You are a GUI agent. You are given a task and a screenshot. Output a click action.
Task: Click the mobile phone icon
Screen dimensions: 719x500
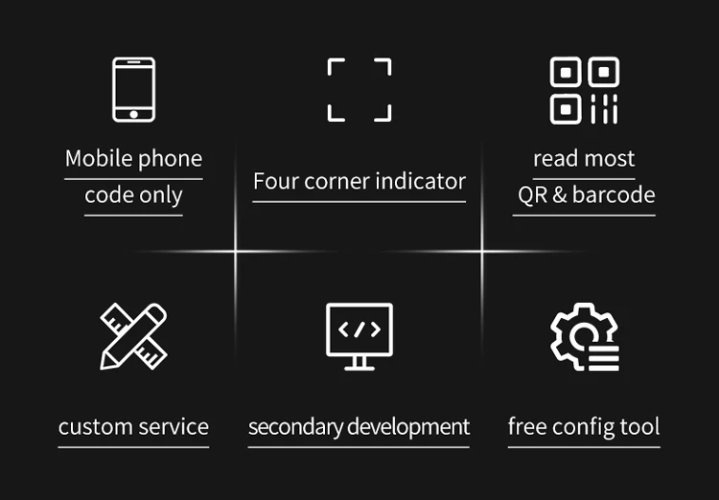tap(133, 89)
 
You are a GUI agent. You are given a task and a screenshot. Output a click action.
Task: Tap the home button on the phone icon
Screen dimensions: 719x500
tap(133, 114)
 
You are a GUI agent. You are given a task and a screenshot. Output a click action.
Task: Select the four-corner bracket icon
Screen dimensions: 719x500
tap(359, 90)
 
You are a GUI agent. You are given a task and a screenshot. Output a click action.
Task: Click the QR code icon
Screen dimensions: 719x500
tap(584, 90)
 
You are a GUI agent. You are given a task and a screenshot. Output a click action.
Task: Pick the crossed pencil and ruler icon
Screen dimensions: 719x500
tap(133, 335)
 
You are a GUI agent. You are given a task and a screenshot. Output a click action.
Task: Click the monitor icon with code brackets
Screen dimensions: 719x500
tap(359, 335)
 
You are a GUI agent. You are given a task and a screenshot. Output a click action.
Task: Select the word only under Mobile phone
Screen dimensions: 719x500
tap(159, 195)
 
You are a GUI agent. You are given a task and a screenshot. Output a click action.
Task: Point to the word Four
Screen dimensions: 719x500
tap(276, 181)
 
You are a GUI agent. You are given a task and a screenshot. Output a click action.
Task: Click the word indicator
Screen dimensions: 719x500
tap(418, 181)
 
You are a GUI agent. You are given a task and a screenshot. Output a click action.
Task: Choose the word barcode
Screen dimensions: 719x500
tap(615, 194)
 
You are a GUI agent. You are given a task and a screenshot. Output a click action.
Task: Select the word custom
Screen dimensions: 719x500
tap(93, 427)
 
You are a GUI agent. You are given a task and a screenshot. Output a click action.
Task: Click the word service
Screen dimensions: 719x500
tap(173, 427)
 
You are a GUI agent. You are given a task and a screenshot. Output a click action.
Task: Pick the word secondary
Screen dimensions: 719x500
tap(295, 427)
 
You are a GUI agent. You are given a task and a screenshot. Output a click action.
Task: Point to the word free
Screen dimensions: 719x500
tap(526, 427)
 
